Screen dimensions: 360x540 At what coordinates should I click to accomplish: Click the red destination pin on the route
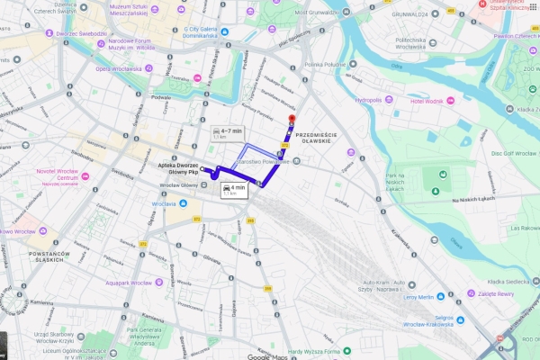coord(290,120)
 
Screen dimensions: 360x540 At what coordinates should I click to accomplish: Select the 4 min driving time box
coord(233,189)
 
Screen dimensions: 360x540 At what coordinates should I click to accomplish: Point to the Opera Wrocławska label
coord(118,68)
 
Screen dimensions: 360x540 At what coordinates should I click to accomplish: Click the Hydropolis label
coord(369,100)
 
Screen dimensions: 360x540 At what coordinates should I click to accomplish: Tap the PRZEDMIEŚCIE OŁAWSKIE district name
coord(315,138)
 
